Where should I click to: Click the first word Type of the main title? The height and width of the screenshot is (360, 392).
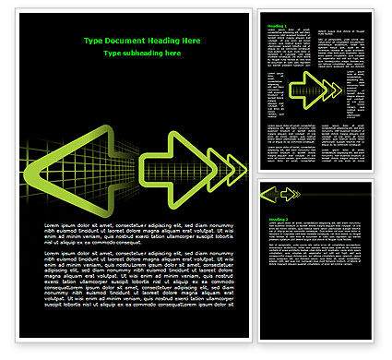93,42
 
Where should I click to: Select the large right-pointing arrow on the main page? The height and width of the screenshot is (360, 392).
172,167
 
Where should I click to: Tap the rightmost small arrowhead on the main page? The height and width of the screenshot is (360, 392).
239,167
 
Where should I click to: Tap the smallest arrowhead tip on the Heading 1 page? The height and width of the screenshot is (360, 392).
338,90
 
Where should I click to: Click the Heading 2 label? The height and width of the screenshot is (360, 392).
278,219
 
